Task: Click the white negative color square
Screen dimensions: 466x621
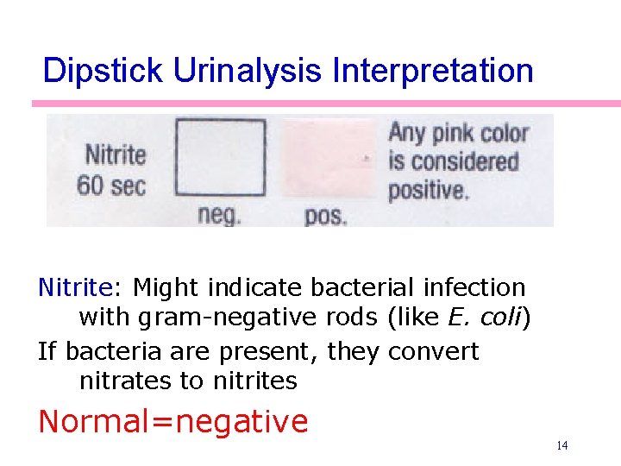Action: coord(221,158)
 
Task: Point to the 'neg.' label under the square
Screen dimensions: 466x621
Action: coord(220,215)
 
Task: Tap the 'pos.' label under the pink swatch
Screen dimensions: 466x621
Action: coord(325,216)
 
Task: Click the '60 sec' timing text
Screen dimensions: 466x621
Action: coord(111,185)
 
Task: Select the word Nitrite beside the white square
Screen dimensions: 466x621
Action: coord(115,155)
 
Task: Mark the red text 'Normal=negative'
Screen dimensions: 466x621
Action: coord(173,422)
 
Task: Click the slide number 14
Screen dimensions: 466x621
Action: coord(561,446)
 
